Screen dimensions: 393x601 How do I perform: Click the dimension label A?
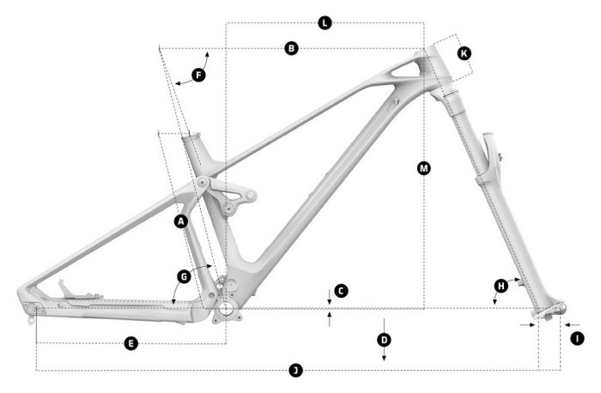pyautogui.click(x=180, y=221)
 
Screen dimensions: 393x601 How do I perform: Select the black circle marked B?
pyautogui.click(x=292, y=49)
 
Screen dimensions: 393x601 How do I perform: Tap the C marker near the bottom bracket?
pyautogui.click(x=340, y=292)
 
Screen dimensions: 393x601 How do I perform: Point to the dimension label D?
pyautogui.click(x=384, y=340)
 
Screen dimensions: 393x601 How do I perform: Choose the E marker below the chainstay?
pyautogui.click(x=131, y=343)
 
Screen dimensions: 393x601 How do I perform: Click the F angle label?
pyautogui.click(x=198, y=76)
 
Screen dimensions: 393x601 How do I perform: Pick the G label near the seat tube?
pyautogui.click(x=184, y=276)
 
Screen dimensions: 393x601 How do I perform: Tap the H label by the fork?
pyautogui.click(x=501, y=285)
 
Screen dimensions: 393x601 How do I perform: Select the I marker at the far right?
pyautogui.click(x=577, y=339)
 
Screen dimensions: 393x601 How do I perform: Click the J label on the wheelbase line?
pyautogui.click(x=294, y=371)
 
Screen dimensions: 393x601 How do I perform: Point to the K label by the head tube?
pyautogui.click(x=464, y=53)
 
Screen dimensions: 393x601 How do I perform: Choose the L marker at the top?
pyautogui.click(x=324, y=22)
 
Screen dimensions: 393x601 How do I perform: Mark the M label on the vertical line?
pyautogui.click(x=423, y=168)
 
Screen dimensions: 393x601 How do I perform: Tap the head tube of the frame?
pyautogui.click(x=432, y=72)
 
